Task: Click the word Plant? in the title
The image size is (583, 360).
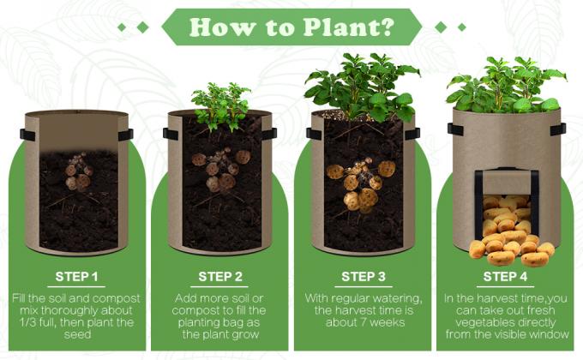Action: pos(349,27)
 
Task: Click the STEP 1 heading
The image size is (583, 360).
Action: pos(76,277)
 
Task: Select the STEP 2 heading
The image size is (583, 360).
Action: pos(220,277)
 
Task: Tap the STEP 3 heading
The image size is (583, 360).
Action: pos(364,277)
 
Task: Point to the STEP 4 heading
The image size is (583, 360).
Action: pos(505,277)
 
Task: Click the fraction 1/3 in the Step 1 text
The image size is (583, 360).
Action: pos(28,322)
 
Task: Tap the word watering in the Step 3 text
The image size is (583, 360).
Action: pos(398,298)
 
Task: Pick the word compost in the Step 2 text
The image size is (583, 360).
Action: pos(195,311)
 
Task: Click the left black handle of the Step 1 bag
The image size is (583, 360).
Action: pos(27,135)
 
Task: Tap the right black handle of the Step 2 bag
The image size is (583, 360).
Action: pos(269,134)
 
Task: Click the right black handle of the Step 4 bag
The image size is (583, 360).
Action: pos(558,129)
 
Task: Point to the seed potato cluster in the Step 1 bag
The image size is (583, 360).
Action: pos(79,172)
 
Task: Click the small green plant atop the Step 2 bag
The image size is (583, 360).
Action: pos(220,106)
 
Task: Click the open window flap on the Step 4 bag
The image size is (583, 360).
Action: pos(507,182)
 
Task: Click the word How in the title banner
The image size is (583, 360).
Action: pos(222,27)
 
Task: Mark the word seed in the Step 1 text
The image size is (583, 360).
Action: pos(78,334)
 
